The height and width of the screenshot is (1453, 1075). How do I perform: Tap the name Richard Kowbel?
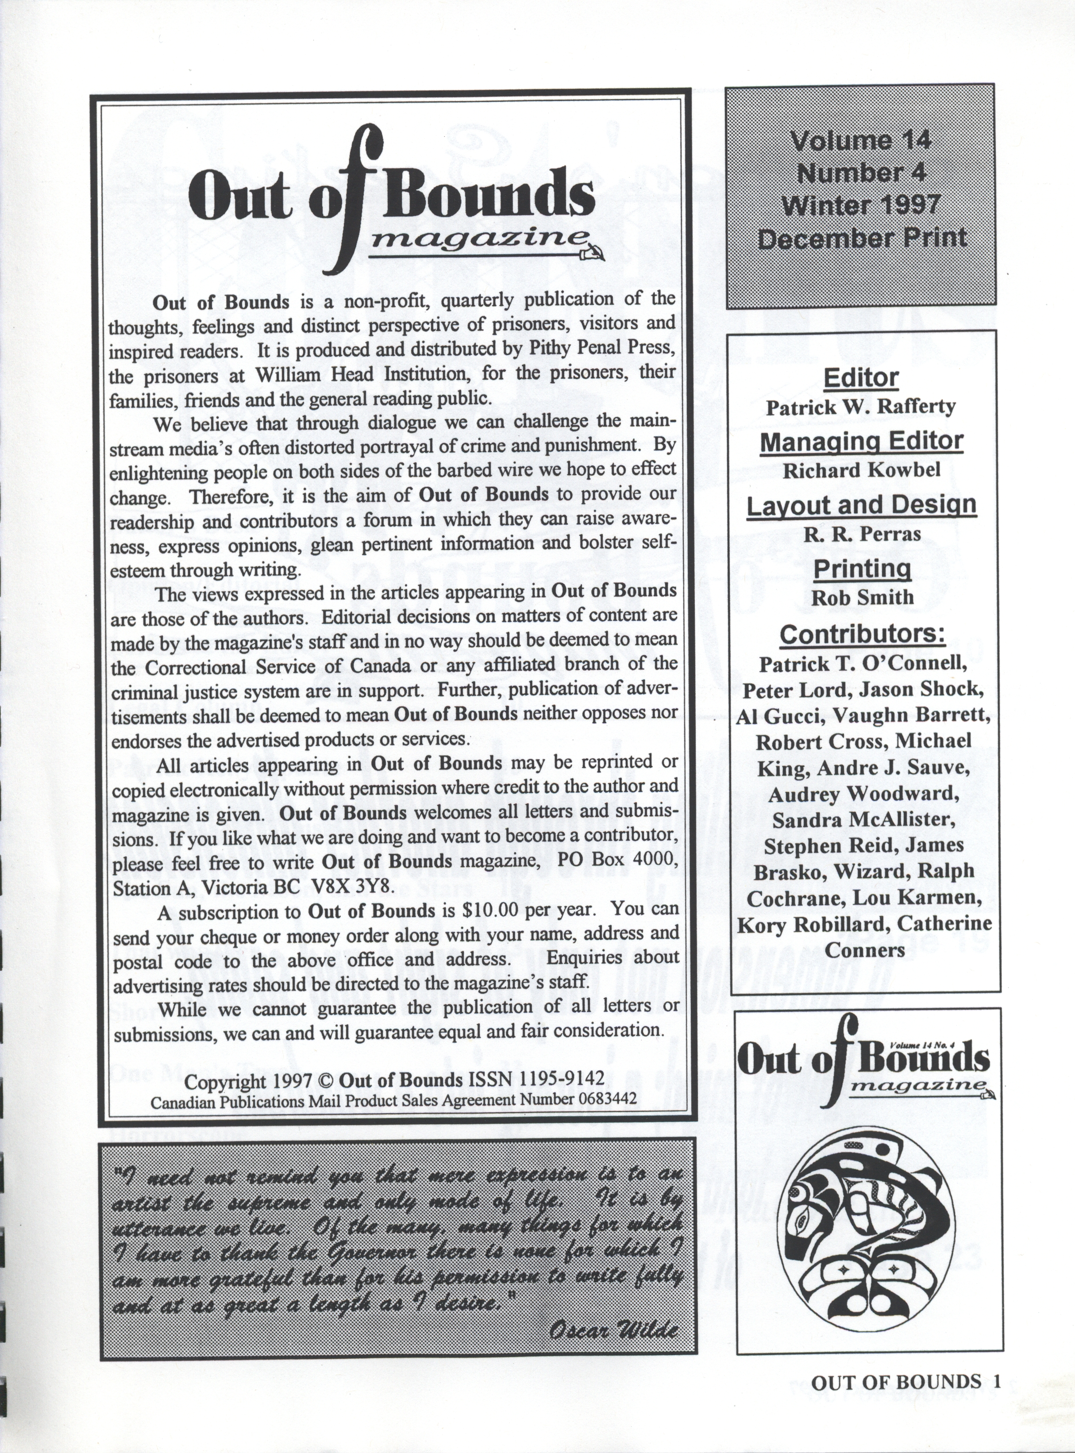click(861, 470)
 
